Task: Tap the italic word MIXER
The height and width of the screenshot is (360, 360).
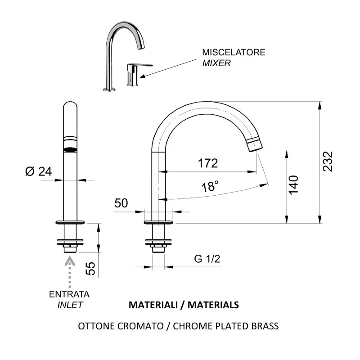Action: click(216, 63)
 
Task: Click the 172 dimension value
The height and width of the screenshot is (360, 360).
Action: click(208, 163)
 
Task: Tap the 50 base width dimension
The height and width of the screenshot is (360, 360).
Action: click(121, 202)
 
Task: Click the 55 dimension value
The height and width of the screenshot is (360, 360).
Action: click(90, 269)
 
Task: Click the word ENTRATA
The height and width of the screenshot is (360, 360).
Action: click(69, 294)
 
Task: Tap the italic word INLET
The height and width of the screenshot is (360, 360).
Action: click(70, 305)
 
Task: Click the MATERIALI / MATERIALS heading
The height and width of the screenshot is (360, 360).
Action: click(184, 305)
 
